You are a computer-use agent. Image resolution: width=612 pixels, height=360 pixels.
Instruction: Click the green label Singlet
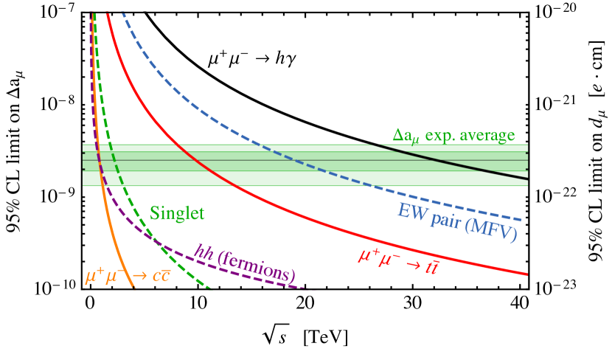tap(177, 213)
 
